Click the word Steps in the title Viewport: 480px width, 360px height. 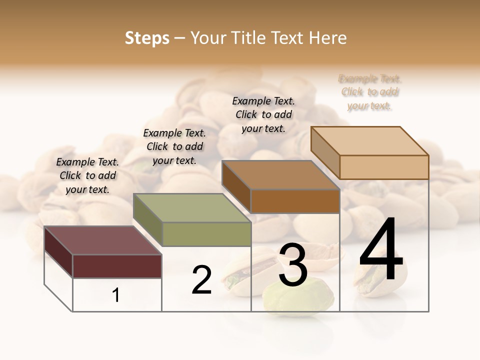pos(147,38)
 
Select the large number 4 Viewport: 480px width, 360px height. pos(381,250)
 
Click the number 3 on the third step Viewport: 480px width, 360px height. pos(293,265)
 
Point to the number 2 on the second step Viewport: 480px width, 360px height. pos(201,280)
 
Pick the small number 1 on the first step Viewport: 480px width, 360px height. pos(116,295)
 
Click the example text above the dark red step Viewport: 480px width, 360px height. pos(87,175)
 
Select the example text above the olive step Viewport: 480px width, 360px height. pos(174,146)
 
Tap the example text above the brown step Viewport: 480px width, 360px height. pos(263,114)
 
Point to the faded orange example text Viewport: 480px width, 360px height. pos(369,92)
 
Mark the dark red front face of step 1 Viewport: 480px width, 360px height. pos(117,266)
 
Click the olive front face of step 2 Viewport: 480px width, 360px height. pos(206,234)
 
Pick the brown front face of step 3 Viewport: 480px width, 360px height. pos(295,201)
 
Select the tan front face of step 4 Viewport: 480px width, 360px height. pos(384,167)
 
